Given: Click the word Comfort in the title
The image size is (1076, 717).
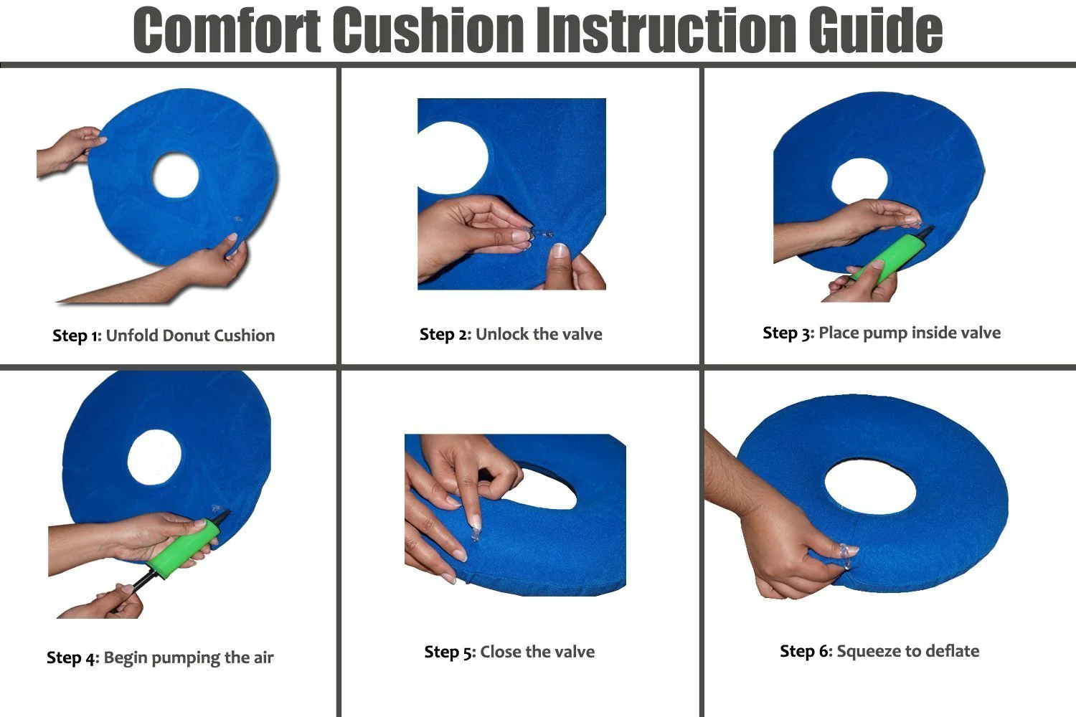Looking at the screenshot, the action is pos(227,30).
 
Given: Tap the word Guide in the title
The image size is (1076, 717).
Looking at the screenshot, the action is pos(875,30).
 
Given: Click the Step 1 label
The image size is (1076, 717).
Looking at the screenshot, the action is pos(77,336).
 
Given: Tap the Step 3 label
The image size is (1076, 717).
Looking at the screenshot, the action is pos(788,333).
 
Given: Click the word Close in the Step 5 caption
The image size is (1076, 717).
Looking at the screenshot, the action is pos(501,652).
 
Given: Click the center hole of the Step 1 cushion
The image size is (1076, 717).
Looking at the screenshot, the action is pos(175,175).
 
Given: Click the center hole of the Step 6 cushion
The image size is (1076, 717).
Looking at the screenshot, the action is pos(870,487).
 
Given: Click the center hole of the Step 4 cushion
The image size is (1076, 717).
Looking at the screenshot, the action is pos(154,457).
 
